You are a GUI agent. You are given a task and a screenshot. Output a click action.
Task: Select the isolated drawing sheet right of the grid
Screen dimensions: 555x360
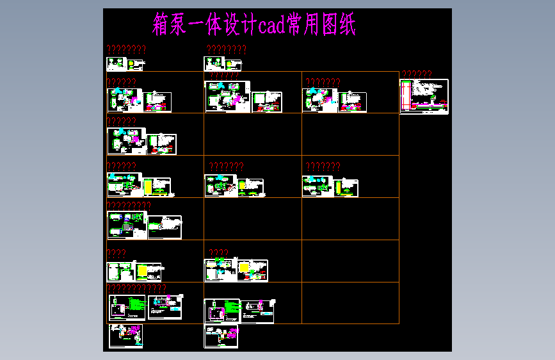coord(424,96)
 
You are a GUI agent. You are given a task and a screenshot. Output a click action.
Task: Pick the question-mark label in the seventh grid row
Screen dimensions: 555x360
coord(136,289)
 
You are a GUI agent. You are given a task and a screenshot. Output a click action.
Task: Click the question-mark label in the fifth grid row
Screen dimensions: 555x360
coord(129,205)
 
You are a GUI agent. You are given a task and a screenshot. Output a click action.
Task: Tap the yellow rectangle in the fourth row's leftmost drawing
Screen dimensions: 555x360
coord(149,186)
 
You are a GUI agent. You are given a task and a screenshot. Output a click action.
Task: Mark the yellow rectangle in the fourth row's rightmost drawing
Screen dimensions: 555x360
coord(337,185)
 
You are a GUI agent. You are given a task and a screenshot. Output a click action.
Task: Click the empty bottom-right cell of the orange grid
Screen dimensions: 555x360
coord(350,303)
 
